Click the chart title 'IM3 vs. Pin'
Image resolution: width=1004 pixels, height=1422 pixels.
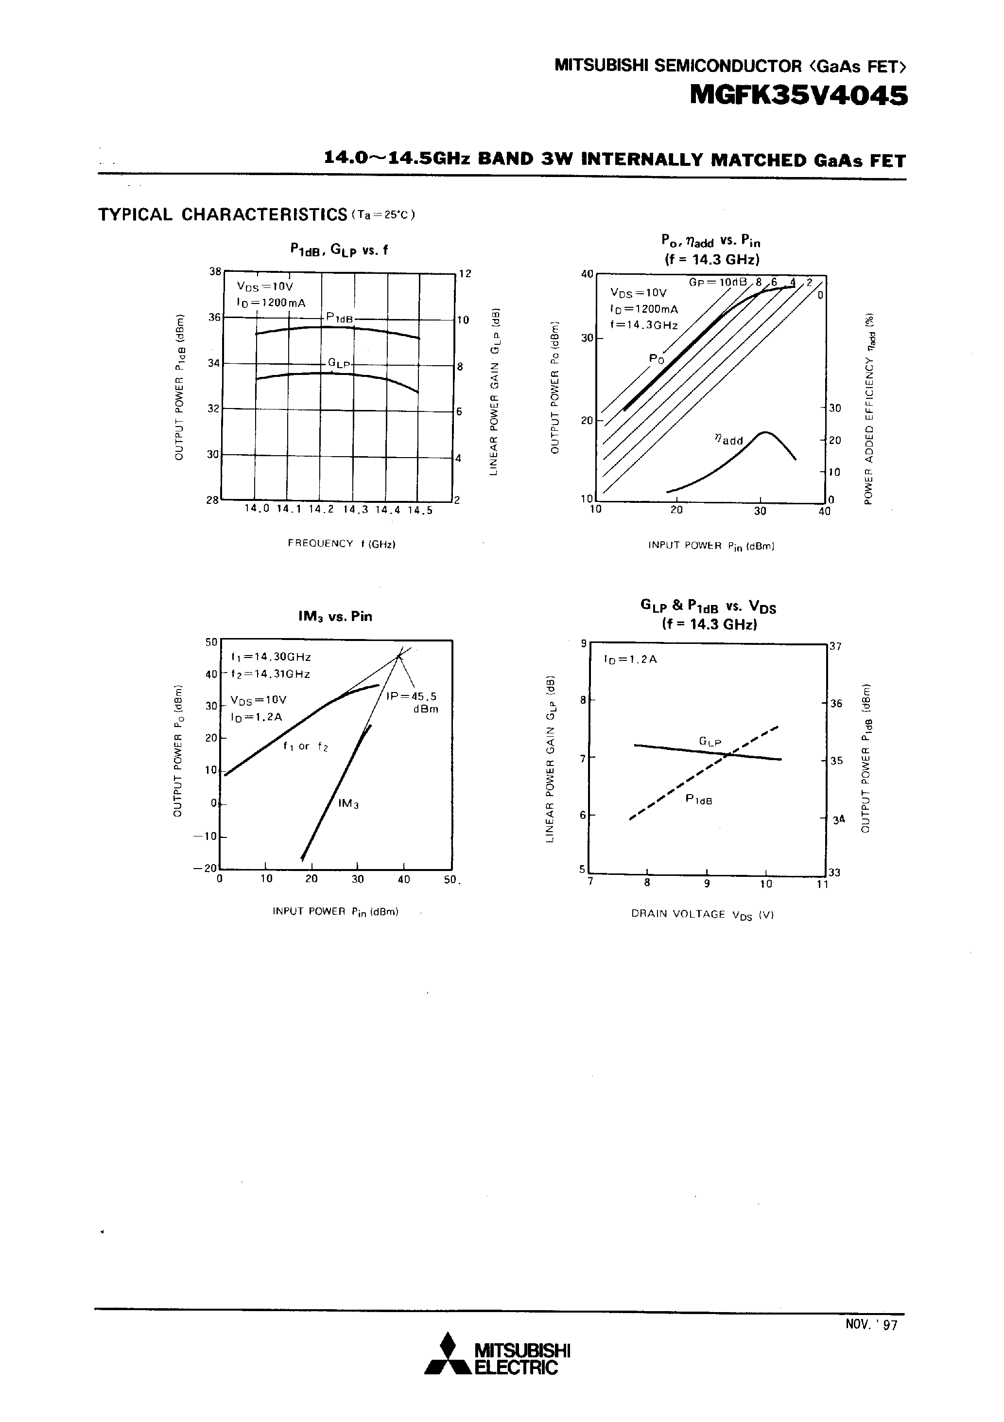(335, 616)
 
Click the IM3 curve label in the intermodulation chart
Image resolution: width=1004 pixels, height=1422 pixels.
(348, 804)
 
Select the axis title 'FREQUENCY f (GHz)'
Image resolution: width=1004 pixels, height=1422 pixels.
(342, 543)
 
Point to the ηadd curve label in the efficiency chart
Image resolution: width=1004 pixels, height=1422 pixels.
(728, 440)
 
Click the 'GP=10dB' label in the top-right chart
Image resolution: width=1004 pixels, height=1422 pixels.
(718, 283)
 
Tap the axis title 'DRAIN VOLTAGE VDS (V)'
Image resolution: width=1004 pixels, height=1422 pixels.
(703, 914)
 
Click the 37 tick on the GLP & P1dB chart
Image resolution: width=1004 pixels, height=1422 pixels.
(835, 646)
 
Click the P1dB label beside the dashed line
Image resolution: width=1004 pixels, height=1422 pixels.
(699, 800)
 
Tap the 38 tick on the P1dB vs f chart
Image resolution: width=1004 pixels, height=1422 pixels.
(214, 271)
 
